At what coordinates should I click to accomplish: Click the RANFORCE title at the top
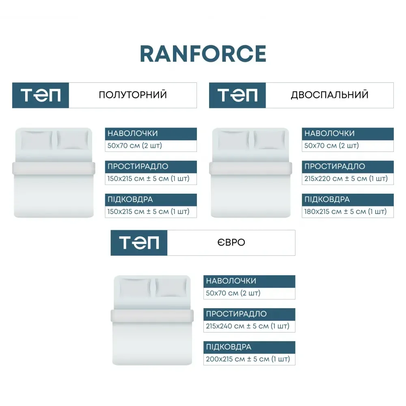click(203, 54)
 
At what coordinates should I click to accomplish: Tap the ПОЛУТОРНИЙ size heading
click(133, 95)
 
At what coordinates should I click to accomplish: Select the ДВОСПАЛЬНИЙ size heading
click(330, 95)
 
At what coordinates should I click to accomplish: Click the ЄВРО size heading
click(231, 242)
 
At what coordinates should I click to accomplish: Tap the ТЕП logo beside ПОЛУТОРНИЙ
click(41, 95)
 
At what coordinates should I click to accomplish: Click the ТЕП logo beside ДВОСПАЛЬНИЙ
click(238, 95)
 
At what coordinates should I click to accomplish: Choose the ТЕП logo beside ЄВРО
click(139, 243)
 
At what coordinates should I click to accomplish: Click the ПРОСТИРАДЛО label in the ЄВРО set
click(236, 314)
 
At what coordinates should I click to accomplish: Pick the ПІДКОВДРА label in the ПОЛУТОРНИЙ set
click(130, 199)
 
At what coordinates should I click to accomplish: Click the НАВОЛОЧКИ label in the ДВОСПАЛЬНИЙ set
click(329, 133)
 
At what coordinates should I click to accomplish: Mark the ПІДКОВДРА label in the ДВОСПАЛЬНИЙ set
click(327, 199)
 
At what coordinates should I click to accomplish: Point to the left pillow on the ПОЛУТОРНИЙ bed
click(37, 140)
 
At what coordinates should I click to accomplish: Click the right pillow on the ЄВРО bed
click(171, 287)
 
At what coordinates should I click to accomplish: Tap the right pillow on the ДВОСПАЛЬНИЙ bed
click(269, 140)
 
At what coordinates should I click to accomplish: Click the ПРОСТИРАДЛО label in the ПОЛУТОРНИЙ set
click(138, 166)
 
